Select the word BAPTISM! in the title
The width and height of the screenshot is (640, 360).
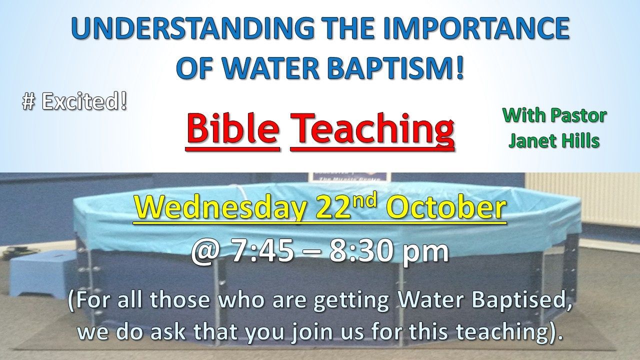click(x=396, y=68)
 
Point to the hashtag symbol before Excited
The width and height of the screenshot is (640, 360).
click(x=28, y=102)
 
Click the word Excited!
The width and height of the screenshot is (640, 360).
click(x=84, y=101)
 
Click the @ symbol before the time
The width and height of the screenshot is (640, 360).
click(x=206, y=251)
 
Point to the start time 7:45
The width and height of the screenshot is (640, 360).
click(x=262, y=251)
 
